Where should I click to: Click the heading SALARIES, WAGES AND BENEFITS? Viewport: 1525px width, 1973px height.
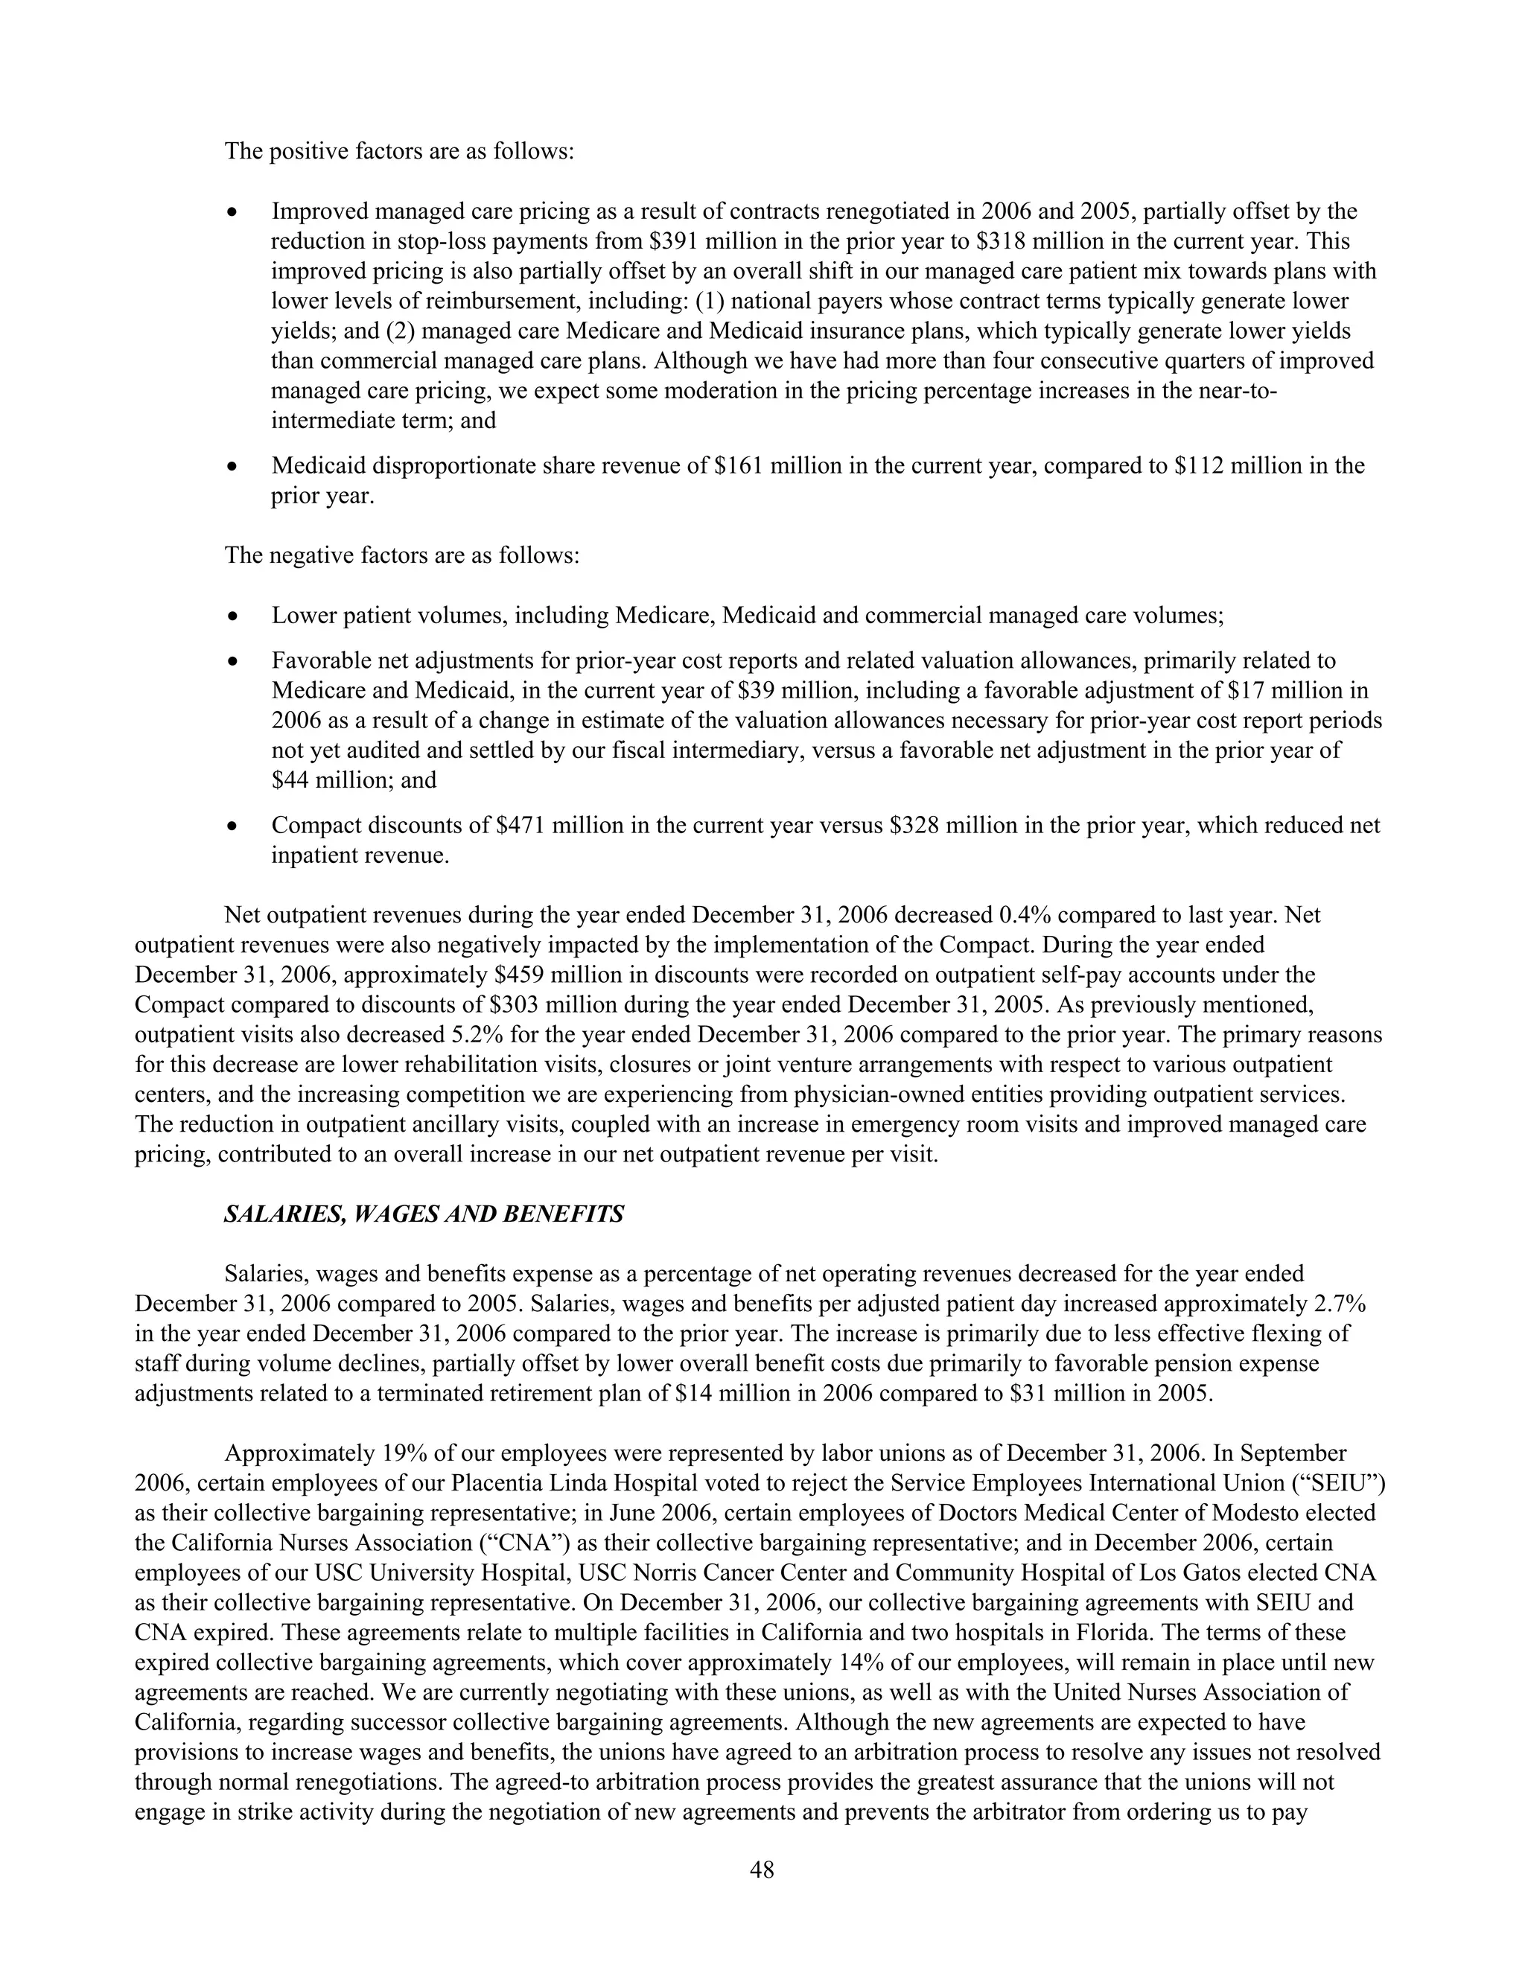click(423, 1214)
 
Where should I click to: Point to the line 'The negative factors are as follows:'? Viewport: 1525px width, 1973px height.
click(401, 555)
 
